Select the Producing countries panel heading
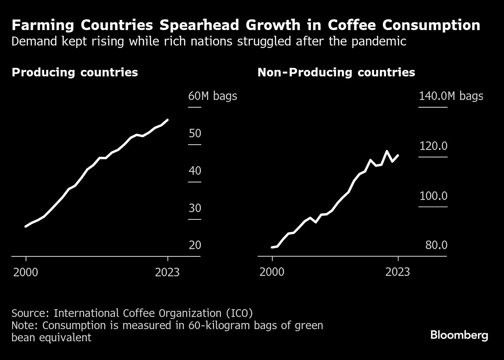click(x=75, y=72)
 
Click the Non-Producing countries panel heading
click(x=336, y=72)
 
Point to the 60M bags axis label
click(x=212, y=96)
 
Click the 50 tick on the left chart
click(x=195, y=134)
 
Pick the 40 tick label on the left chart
click(x=195, y=171)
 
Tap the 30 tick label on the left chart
click(x=195, y=208)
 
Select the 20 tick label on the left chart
click(x=195, y=245)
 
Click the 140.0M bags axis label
click(x=451, y=96)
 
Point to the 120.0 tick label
click(x=433, y=146)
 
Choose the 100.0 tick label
click(x=433, y=196)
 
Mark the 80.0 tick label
click(x=436, y=245)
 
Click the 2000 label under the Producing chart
click(x=26, y=272)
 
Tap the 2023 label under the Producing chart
click(x=167, y=272)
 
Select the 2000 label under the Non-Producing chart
click(x=272, y=272)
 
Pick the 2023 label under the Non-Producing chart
click(x=398, y=272)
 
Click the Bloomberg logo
click(x=459, y=335)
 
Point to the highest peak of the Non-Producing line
click(x=387, y=151)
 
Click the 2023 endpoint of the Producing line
click(x=168, y=120)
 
